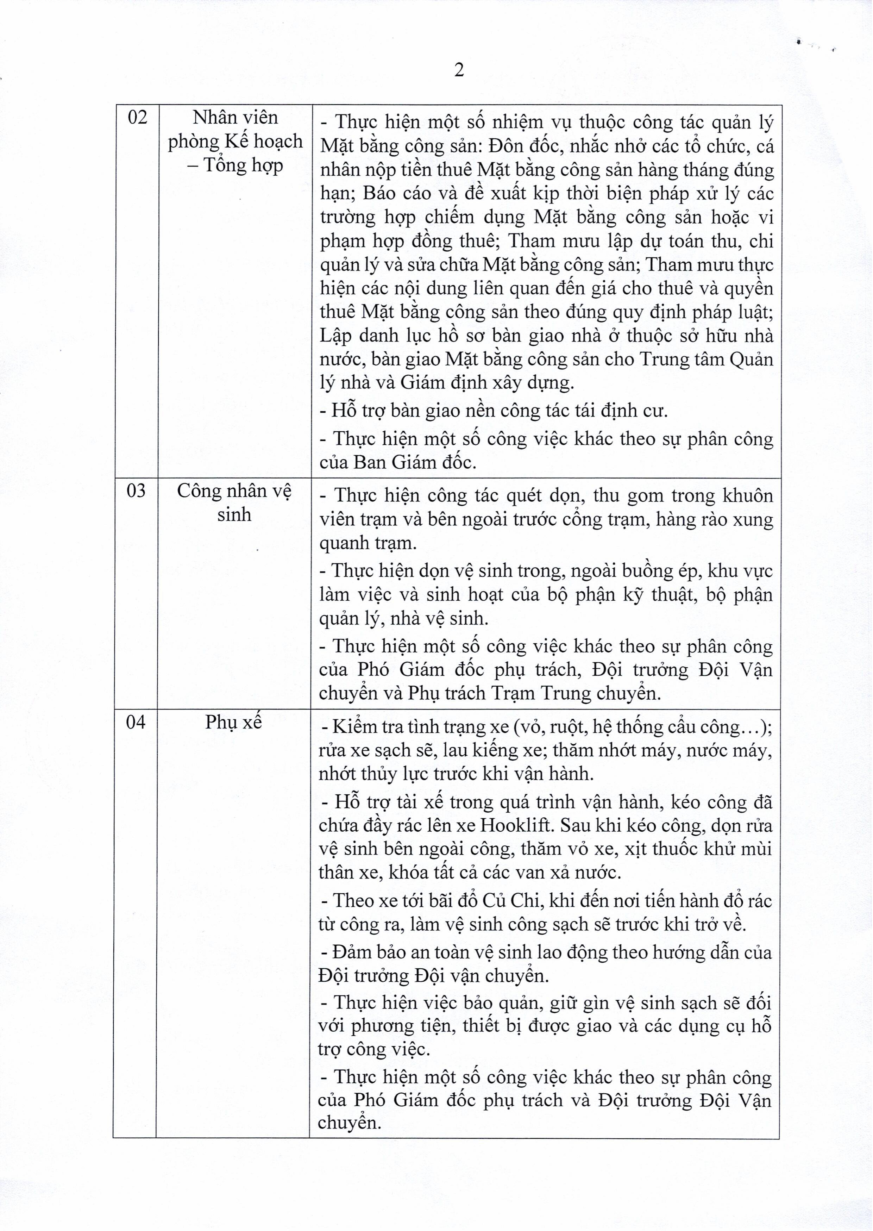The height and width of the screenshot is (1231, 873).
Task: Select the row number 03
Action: (136, 491)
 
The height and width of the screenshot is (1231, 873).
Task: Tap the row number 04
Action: (136, 722)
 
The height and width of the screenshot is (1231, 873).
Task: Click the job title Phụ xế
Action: (233, 722)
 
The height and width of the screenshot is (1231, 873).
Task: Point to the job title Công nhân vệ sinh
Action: (234, 502)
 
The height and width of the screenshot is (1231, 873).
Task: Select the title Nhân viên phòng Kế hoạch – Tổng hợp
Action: (235, 141)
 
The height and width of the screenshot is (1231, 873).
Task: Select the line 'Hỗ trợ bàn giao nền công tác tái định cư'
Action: (494, 411)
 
